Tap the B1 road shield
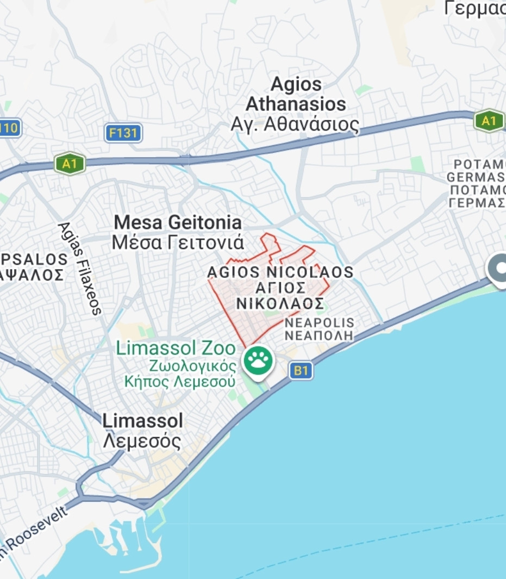coord(301,371)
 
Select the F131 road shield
coord(123,133)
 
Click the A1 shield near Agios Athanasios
coord(488,121)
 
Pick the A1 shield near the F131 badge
coord(70,164)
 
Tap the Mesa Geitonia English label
coord(178,222)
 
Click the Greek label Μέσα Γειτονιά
coord(178,242)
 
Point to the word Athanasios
coord(296,103)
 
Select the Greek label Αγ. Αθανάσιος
coord(295,124)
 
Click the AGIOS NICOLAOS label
coord(280,272)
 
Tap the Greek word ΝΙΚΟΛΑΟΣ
coord(279,303)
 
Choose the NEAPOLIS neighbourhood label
coord(319,323)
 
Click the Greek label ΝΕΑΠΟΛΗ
coord(319,335)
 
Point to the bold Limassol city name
coord(142,421)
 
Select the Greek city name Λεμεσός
coord(142,441)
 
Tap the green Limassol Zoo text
coord(176,348)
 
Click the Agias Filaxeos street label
coord(80,268)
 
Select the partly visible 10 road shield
coord(9,129)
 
